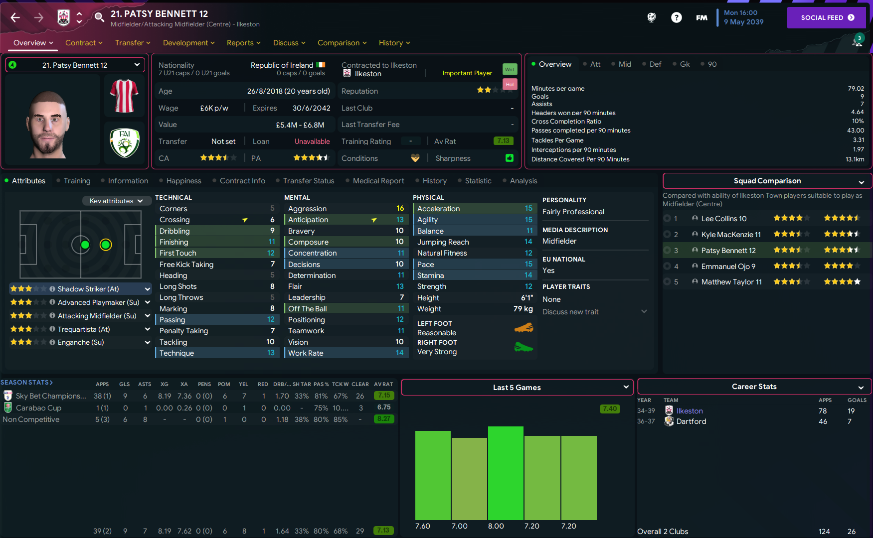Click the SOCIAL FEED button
[x=827, y=17]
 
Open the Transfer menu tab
[x=132, y=43]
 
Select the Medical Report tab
[x=378, y=181]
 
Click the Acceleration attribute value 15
[x=528, y=208]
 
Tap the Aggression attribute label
[x=307, y=209]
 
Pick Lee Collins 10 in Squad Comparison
[x=723, y=219]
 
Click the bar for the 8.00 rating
[x=506, y=473]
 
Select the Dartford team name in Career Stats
[x=691, y=421]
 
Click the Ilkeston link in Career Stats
[x=690, y=411]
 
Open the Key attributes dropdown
[x=116, y=201]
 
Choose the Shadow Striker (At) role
[x=88, y=289]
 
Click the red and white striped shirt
[x=124, y=96]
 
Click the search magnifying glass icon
[x=99, y=17]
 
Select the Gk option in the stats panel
[x=685, y=64]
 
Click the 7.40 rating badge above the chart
[x=610, y=409]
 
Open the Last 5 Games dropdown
[x=517, y=388]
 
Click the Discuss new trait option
[x=570, y=312]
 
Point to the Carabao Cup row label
[x=38, y=408]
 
